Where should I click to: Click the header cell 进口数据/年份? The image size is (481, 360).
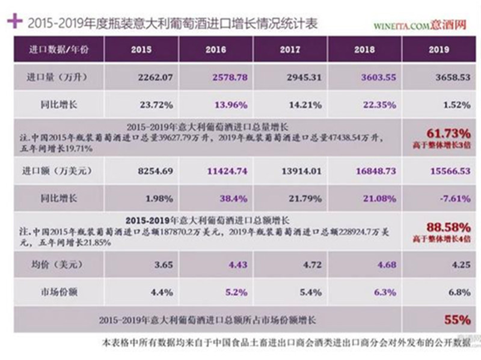(x=58, y=49)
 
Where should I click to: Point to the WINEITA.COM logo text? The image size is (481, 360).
(x=400, y=26)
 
